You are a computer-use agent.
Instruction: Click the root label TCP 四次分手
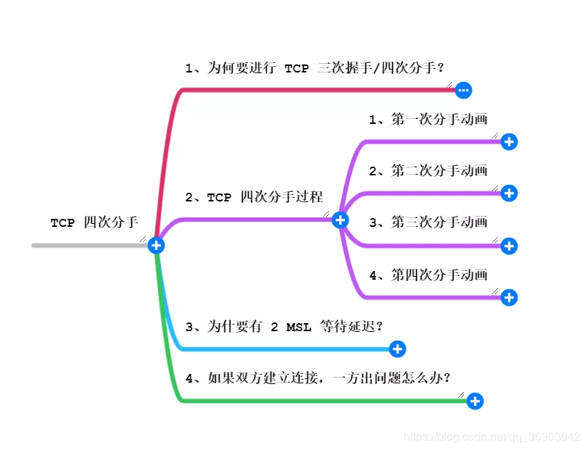[94, 222]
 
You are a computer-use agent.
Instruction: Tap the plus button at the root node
[156, 246]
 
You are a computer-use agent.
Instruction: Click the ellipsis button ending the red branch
[464, 91]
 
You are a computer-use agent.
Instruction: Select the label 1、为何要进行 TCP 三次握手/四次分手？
[315, 68]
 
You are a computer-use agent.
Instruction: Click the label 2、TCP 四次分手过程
[254, 197]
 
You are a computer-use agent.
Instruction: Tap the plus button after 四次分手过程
[340, 220]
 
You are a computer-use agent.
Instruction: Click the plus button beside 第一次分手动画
[509, 142]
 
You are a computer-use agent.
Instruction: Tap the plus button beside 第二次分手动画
[509, 193]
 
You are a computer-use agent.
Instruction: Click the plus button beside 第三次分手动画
[509, 246]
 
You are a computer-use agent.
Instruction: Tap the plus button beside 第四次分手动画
[509, 297]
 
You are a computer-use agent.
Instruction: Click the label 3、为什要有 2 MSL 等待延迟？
[284, 327]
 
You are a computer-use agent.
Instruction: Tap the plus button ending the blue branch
[397, 349]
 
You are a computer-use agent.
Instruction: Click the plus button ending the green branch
[474, 401]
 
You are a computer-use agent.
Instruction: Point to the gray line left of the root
[87, 246]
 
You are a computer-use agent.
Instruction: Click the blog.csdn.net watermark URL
[492, 437]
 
